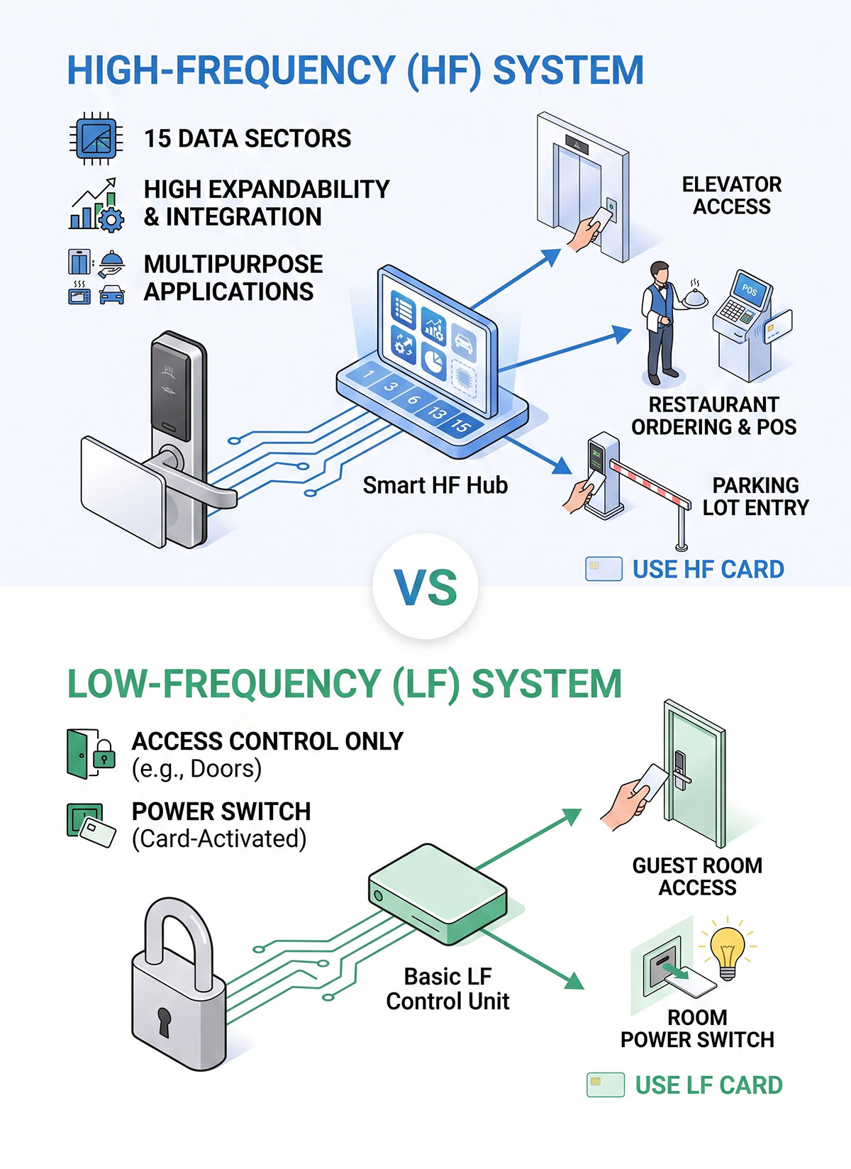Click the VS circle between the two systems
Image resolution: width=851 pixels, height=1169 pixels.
click(425, 587)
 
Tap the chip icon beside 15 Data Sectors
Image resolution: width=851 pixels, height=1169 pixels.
click(96, 138)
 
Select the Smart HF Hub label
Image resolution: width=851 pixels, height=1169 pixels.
click(435, 485)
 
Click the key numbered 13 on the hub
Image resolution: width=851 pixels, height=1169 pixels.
click(438, 414)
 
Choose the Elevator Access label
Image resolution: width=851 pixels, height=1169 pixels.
click(732, 196)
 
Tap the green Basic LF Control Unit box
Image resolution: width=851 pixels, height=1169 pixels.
click(438, 893)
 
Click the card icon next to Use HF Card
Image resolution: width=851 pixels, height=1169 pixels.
click(604, 569)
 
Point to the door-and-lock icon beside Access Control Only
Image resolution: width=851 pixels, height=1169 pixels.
click(91, 754)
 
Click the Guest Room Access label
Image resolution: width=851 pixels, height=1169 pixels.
click(697, 877)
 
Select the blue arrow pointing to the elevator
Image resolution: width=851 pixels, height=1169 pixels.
click(516, 279)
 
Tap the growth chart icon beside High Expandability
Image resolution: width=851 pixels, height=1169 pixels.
click(96, 204)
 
